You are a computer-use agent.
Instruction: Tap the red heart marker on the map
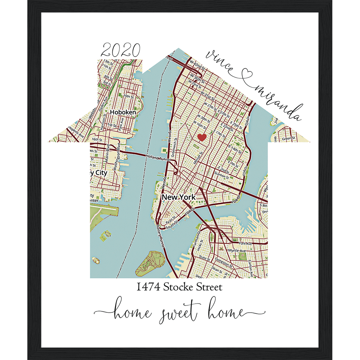pyautogui.click(x=202, y=137)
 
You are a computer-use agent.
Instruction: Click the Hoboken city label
pyautogui.click(x=123, y=112)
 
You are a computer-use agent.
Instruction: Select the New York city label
pyautogui.click(x=179, y=197)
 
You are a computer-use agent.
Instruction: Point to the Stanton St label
pyautogui.click(x=223, y=174)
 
